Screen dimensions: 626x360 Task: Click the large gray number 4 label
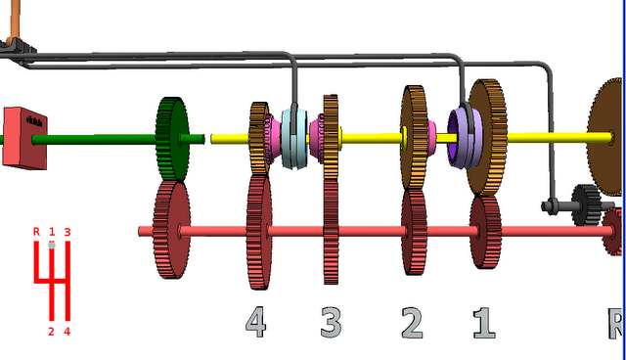[256, 322]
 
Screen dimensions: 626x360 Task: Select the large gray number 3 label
[331, 322]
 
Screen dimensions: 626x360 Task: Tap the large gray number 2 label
[412, 323]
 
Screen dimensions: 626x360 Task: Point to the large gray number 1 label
[484, 323]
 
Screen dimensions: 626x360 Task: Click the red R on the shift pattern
[36, 232]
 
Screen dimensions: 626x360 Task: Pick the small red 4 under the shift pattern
[67, 332]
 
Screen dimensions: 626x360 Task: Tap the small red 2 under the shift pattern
[51, 332]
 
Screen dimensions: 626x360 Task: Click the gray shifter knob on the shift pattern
[52, 245]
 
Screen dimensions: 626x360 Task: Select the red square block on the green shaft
[24, 138]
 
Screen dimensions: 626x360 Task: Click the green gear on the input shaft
[172, 139]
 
